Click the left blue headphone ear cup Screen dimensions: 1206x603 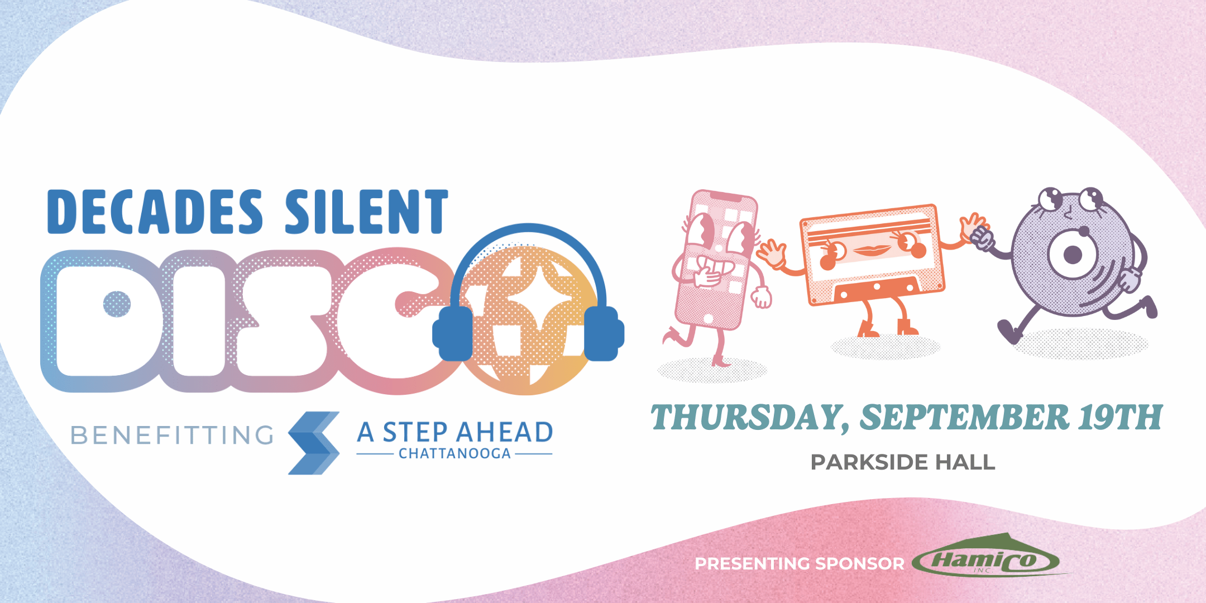(453, 333)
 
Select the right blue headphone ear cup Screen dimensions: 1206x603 (604, 333)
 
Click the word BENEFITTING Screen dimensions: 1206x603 (172, 435)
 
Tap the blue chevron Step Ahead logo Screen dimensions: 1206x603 (314, 443)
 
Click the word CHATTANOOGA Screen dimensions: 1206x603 (454, 453)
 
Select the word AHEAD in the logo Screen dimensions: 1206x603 (505, 432)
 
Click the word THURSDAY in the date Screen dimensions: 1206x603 (748, 418)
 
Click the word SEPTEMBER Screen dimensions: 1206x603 (964, 417)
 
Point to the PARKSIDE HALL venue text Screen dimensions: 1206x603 (903, 462)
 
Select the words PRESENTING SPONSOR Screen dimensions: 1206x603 (800, 564)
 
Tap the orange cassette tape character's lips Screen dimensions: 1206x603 (872, 250)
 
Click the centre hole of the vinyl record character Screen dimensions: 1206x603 (1072, 255)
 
